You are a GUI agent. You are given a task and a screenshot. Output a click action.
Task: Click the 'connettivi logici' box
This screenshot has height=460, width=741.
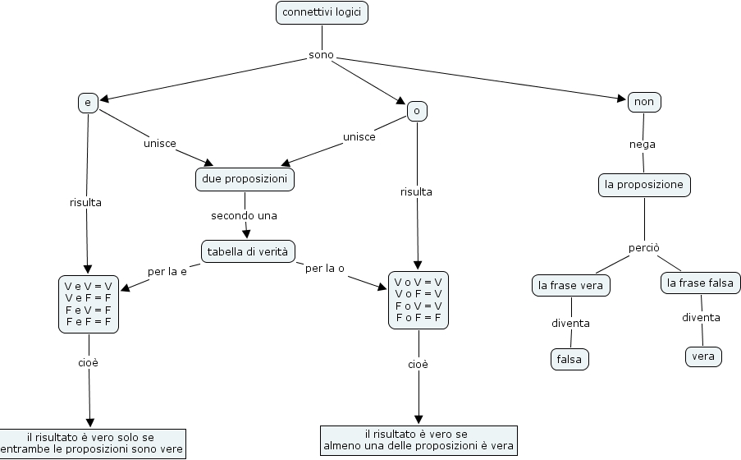click(322, 12)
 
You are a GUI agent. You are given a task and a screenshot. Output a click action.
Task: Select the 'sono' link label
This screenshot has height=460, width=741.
click(321, 56)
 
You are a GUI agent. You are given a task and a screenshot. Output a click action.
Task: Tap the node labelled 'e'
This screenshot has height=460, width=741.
click(88, 103)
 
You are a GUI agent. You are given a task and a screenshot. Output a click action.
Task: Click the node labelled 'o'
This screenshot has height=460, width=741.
click(417, 111)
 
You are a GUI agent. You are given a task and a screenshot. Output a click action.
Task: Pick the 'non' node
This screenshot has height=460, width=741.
click(644, 102)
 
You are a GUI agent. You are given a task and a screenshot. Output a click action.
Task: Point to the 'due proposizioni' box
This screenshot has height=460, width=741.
click(245, 179)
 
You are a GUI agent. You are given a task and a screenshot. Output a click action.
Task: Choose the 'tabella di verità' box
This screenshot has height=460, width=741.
click(248, 251)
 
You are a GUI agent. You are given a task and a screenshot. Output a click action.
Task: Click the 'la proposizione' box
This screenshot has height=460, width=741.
click(644, 185)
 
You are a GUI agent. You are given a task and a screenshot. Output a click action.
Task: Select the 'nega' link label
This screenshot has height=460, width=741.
click(643, 144)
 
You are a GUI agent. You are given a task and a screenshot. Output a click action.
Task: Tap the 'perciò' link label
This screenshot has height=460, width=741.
click(644, 247)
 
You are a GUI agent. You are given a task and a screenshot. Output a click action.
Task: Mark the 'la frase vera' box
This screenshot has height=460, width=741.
click(570, 286)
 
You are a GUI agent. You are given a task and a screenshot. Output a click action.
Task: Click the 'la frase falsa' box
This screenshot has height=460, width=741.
click(701, 283)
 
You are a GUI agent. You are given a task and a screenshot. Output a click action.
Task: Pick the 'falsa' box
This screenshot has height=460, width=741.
click(569, 359)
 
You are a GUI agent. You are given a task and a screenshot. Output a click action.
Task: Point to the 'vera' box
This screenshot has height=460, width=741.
click(703, 356)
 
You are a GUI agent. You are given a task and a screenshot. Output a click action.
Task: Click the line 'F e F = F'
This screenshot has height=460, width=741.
click(88, 321)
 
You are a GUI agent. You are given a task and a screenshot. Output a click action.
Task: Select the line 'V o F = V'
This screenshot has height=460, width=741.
click(419, 293)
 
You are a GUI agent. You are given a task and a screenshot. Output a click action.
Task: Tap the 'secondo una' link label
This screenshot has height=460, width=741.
click(244, 216)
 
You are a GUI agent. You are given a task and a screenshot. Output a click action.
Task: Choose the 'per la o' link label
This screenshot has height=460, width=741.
click(324, 269)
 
